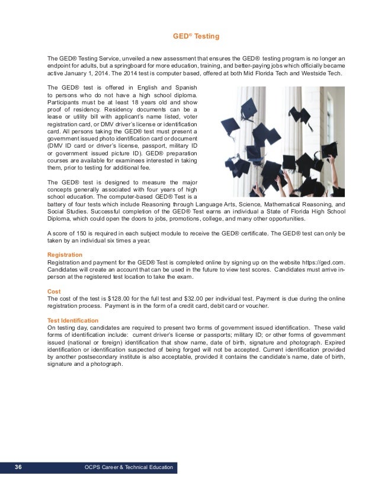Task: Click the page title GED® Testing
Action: [195, 37]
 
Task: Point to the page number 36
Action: [18, 468]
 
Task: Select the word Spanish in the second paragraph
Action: [187, 88]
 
